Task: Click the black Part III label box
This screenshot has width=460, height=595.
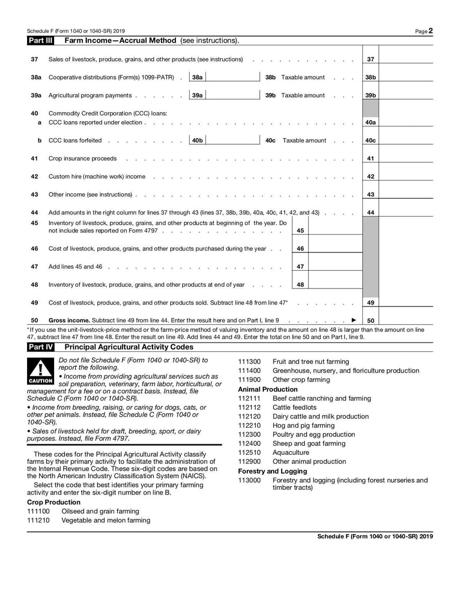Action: click(40, 41)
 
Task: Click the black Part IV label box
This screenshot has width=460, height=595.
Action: click(40, 347)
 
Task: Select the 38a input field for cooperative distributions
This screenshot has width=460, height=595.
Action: click(232, 77)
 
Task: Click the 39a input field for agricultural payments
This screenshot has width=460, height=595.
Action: click(232, 95)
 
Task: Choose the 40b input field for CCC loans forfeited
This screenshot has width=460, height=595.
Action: click(232, 140)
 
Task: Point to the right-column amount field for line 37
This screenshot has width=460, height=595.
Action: click(406, 59)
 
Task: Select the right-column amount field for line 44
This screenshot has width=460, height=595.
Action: click(406, 212)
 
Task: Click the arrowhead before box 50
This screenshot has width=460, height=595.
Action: click(354, 320)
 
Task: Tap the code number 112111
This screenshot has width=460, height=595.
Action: click(248, 398)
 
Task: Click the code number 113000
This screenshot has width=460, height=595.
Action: click(248, 481)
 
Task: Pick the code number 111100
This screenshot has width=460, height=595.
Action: click(39, 511)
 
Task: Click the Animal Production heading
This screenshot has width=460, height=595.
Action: click(259, 389)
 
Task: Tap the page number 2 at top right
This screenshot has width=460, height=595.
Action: click(430, 30)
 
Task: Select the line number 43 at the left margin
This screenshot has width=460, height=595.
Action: click(34, 194)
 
